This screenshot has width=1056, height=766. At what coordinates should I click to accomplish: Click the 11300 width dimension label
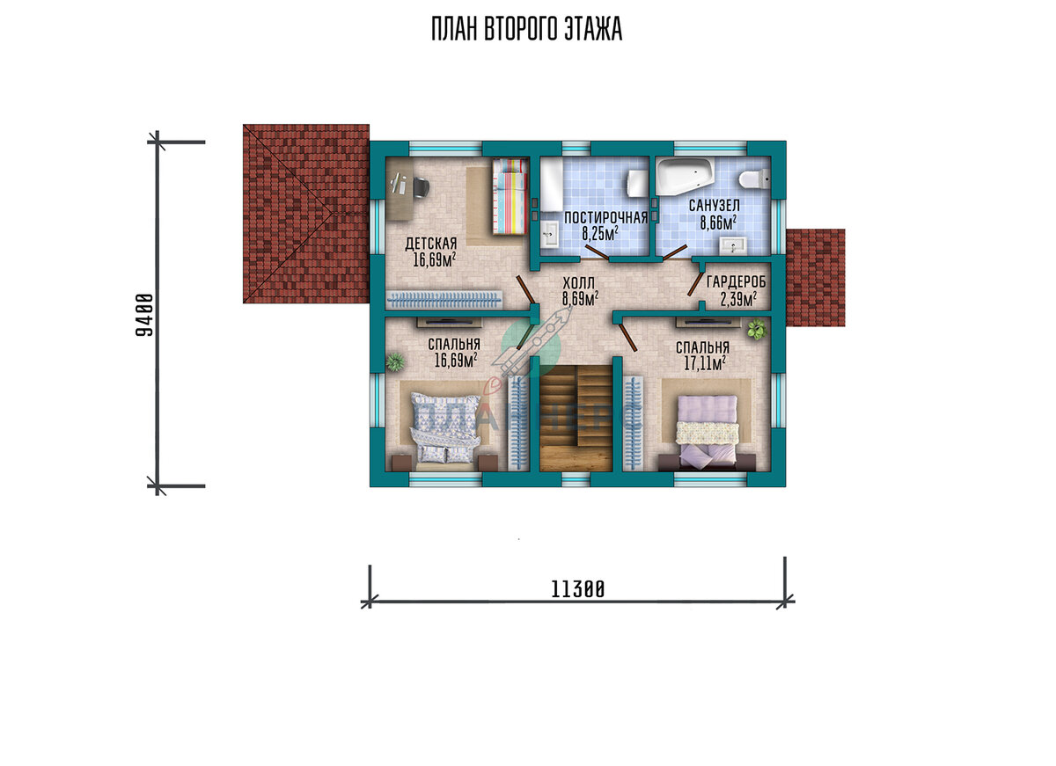(577, 589)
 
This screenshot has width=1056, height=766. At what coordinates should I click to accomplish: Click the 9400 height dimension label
(144, 315)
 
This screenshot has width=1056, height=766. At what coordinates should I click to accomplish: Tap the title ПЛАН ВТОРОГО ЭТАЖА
(526, 29)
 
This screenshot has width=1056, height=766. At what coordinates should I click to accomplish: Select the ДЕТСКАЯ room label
(431, 244)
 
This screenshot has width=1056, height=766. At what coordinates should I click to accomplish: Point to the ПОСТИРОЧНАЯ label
(605, 217)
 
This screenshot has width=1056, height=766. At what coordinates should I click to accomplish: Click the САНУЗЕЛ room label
(715, 206)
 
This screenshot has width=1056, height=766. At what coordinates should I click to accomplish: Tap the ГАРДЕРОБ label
(737, 281)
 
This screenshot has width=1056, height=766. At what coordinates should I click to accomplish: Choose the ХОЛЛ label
(578, 283)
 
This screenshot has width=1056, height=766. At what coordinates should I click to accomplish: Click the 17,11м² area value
(705, 363)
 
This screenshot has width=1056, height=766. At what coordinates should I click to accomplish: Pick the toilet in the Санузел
(754, 179)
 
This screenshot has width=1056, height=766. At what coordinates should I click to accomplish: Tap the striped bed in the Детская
(510, 196)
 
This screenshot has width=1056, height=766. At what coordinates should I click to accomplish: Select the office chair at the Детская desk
(92, 187)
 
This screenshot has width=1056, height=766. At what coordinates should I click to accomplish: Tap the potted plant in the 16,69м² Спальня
(394, 361)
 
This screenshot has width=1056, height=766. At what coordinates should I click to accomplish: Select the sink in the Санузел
(732, 245)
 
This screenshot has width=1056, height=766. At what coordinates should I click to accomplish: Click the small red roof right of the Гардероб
(816, 278)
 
